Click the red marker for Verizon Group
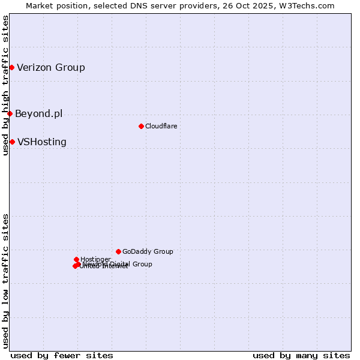pos(11,67)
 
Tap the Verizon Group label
pos(51,67)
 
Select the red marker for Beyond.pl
pos(10,113)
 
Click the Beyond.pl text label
pos(39,113)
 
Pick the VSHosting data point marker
pos(12,142)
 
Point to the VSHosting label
pos(42,142)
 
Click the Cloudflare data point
pos(141,126)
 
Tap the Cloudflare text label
pos(161,126)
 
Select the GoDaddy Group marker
pos(118,251)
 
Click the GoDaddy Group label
pos(148,252)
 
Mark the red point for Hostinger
pos(76,259)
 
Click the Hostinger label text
pos(95,259)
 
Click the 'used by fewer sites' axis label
pos(62,355)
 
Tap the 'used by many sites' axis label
pos(301,355)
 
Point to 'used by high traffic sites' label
pos(5,85)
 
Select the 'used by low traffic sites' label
pos(5,280)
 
